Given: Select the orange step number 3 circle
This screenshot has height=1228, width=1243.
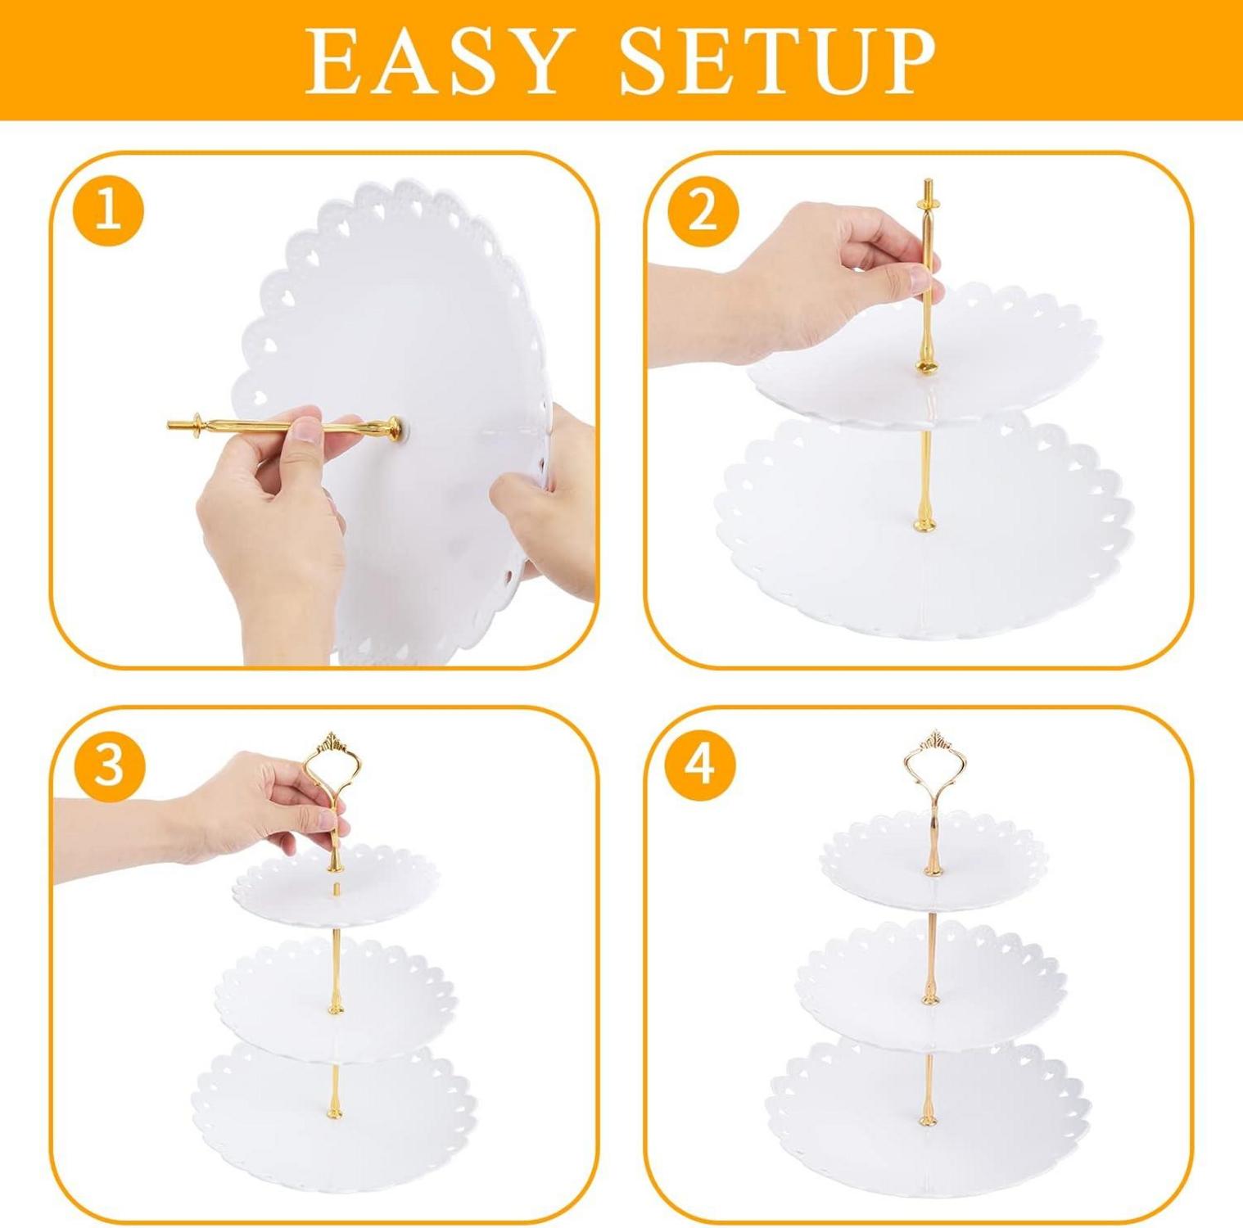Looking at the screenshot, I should (x=109, y=767).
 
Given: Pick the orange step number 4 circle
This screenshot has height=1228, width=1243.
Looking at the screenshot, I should (x=702, y=767).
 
